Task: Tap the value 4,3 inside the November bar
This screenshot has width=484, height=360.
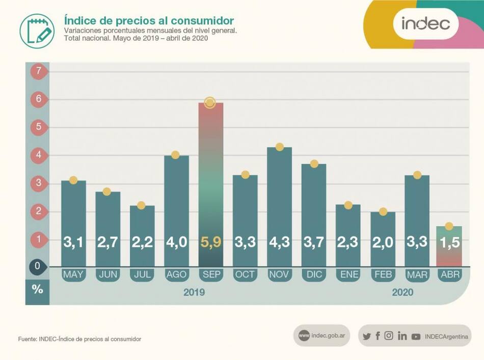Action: [x=279, y=242]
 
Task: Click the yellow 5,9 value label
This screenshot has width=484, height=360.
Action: [x=210, y=242]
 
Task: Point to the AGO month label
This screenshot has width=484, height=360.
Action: [x=176, y=275]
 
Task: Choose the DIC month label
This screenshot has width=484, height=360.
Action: [x=314, y=275]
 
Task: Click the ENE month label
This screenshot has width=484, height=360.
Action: [x=348, y=275]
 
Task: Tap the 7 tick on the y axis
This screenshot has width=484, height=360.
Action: [x=38, y=71]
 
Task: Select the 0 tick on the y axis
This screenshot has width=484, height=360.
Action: [x=38, y=266]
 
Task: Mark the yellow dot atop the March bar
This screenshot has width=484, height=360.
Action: [x=417, y=175]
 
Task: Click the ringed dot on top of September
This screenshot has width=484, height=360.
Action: [x=210, y=102]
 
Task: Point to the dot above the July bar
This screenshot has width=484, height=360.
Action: [x=141, y=205]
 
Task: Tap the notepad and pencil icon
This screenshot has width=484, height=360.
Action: [x=37, y=31]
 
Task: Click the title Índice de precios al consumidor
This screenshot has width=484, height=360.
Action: [x=149, y=20]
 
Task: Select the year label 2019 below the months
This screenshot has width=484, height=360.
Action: [x=194, y=292]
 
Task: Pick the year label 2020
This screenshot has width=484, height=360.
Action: [x=402, y=292]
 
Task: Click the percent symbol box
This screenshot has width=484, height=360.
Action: [x=37, y=289]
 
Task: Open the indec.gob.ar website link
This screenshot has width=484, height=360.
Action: [x=321, y=336]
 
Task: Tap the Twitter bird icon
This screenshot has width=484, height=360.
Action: [x=367, y=336]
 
